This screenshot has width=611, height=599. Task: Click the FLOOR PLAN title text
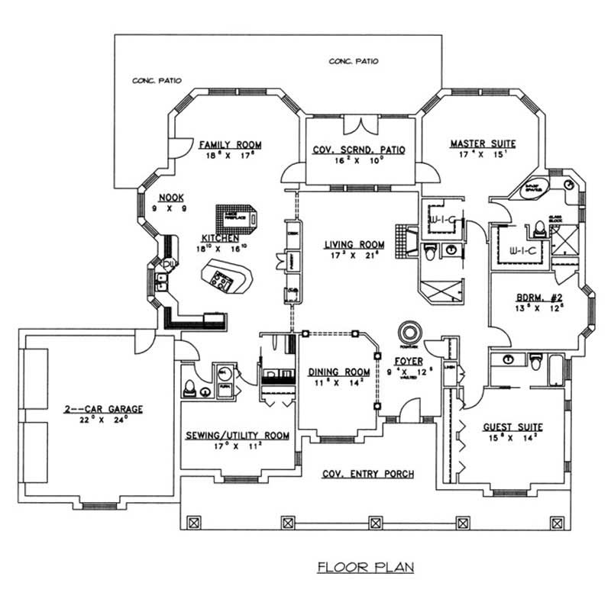coord(366,567)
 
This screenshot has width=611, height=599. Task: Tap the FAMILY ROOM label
coord(230,144)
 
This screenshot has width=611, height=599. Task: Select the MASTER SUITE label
coord(483,143)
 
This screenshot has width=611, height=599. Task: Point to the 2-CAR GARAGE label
coord(103,408)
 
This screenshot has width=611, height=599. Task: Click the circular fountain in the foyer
coord(409,332)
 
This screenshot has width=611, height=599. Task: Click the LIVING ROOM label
coord(354,244)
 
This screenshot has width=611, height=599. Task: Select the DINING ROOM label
coord(338,372)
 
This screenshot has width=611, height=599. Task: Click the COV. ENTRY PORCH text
coord(367,474)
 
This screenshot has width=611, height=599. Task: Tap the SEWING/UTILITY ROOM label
coord(238,435)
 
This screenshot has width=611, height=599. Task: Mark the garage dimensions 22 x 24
coord(103,418)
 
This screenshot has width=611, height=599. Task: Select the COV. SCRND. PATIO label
coord(360,150)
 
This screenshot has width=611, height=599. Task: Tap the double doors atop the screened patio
coord(359,125)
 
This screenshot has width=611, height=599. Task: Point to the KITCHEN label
coord(221,237)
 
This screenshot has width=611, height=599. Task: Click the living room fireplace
coord(404,240)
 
